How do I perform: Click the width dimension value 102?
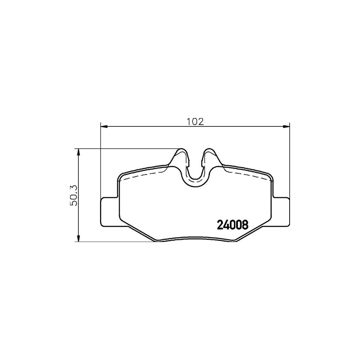click(x=195, y=122)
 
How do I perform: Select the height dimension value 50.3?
click(x=74, y=195)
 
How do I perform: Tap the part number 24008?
click(x=232, y=225)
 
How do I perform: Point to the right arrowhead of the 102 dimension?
click(x=286, y=126)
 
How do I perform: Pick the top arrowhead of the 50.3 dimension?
click(x=78, y=152)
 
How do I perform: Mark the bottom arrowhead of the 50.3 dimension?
click(x=78, y=238)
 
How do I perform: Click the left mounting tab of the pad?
click(x=110, y=212)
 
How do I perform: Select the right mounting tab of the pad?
click(x=280, y=212)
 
